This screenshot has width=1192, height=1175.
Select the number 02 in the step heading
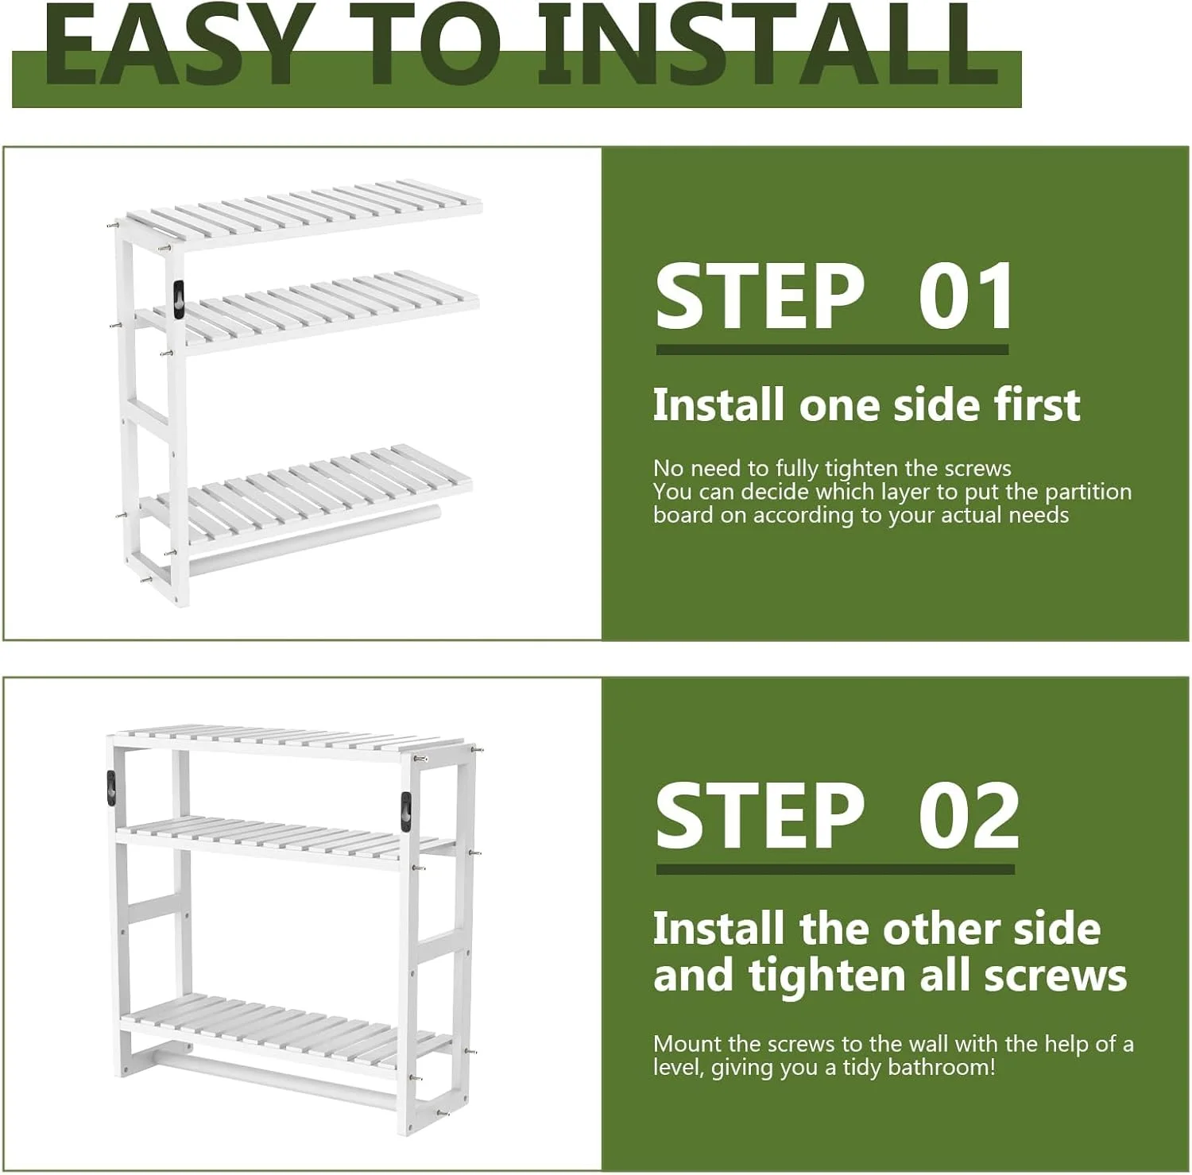[x=969, y=817]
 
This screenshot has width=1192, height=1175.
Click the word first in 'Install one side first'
[x=1037, y=404]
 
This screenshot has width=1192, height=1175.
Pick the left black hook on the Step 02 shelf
[x=110, y=788]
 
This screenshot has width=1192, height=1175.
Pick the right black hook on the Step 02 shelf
[x=407, y=812]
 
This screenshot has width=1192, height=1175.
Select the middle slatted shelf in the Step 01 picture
[x=308, y=309]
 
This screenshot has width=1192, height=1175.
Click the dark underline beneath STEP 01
[x=832, y=349]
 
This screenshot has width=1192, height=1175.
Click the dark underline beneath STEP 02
[x=835, y=869]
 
